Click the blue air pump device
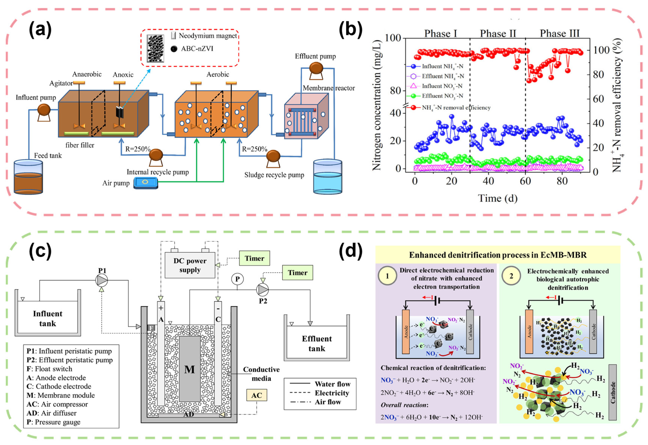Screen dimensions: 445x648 pos(145,183)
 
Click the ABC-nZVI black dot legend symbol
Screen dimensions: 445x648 pos(174,49)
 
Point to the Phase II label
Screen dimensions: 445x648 pos(498,33)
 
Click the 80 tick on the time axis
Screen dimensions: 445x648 pos(562,181)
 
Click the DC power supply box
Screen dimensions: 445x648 pos(190,265)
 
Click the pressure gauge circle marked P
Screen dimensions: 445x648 pos(237,279)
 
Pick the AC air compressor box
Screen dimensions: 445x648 pos(256,395)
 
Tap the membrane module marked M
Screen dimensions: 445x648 pos(190,369)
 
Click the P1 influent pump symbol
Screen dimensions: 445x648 pos(102,280)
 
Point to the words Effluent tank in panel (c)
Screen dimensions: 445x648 pos(317,344)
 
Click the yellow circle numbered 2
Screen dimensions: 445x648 pos(511,276)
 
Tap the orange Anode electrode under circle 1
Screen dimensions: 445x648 pos(406,332)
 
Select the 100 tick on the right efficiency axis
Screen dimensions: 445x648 pos(601,50)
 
